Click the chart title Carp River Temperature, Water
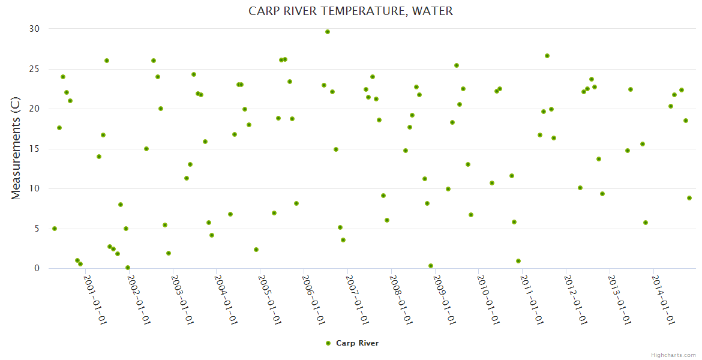pos(351,11)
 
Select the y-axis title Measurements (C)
pos(16,148)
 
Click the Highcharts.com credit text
pos(673,355)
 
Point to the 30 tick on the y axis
pos(34,29)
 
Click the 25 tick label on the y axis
pos(34,69)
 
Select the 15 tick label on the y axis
pos(34,149)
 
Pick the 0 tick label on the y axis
pos(37,268)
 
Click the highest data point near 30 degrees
pos(328,32)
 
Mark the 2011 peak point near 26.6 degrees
pos(547,56)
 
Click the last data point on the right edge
pos(689,198)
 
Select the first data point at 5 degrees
pos(55,229)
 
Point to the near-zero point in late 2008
pos(431,266)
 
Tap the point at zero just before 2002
pos(128,268)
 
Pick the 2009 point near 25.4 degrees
pos(457,65)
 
